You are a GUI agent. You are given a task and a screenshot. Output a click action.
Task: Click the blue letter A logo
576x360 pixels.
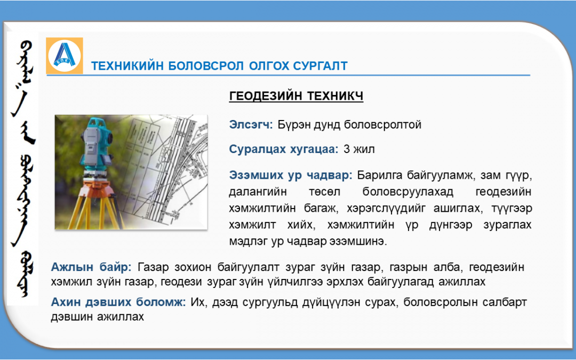pos(65,55)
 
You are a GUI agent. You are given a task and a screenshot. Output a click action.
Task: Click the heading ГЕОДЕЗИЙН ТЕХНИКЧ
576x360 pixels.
pos(296,96)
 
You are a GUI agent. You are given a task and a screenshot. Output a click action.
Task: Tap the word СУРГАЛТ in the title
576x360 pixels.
pos(321,66)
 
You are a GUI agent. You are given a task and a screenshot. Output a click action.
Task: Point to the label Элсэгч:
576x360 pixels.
pos(251,124)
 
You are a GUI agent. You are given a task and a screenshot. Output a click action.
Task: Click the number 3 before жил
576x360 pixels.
pos(347,149)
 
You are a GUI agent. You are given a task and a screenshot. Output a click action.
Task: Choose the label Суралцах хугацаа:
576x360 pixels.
pos(284,149)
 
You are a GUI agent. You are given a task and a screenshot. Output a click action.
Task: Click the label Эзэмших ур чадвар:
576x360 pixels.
pos(291,175)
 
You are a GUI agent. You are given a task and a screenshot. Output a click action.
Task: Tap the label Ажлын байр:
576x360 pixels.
pos(91,267)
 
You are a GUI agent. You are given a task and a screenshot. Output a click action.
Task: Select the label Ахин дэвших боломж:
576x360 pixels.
pos(118,302)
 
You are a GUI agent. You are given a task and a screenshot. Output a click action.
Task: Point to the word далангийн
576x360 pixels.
pos(258,192)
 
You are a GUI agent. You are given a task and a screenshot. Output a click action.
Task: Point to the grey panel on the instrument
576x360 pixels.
pos(91,145)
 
